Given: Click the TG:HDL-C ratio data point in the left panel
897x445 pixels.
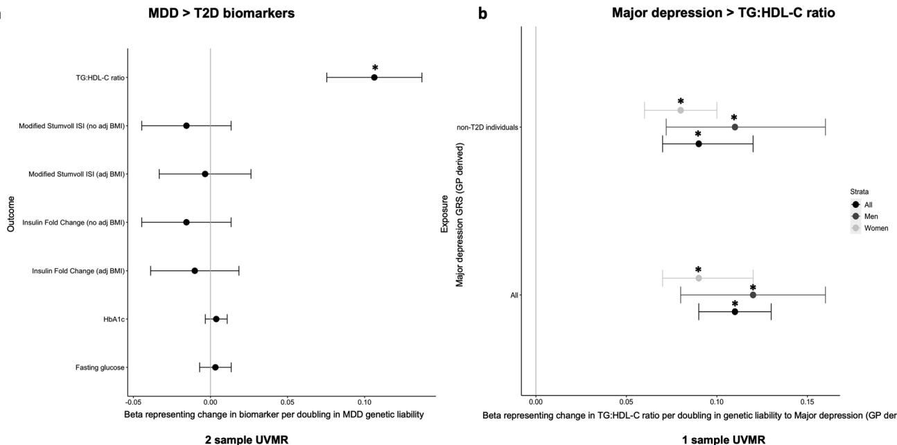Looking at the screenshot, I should click(x=374, y=78).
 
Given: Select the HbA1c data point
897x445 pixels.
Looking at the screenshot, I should click(x=216, y=319).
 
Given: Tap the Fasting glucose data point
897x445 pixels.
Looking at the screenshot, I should click(x=215, y=367).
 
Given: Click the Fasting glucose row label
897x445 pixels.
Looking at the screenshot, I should click(x=100, y=367).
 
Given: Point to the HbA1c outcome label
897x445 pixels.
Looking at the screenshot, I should click(x=114, y=319).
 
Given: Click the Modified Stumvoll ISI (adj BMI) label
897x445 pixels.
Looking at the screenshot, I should click(x=76, y=174).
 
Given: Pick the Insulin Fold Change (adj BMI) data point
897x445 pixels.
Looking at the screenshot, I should click(x=195, y=270).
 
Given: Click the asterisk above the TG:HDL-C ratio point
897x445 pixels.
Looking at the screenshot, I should click(x=375, y=69).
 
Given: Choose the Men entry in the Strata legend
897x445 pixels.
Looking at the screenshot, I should click(x=870, y=216).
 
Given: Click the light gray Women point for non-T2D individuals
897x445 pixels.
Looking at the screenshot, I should click(x=681, y=110).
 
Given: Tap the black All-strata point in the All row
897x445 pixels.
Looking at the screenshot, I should click(x=735, y=312).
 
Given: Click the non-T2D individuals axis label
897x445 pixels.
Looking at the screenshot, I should click(x=487, y=128).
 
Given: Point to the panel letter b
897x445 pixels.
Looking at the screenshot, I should click(x=483, y=14).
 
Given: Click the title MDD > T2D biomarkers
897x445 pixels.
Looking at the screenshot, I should click(x=221, y=12).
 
